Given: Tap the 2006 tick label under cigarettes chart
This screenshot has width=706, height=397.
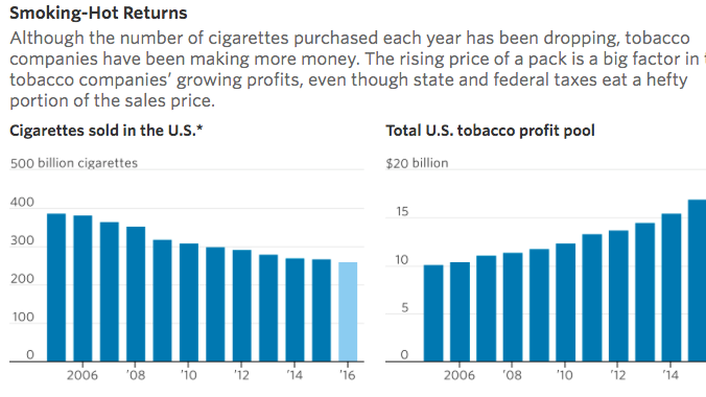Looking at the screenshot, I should point(82,375).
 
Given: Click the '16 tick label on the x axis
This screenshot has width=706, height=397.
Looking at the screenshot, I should point(347,375).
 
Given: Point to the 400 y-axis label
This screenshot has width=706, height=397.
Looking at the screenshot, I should point(22,202).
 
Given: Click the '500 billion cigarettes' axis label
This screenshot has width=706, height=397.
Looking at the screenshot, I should point(74,163).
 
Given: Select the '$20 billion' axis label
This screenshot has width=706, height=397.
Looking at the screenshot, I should point(417,163).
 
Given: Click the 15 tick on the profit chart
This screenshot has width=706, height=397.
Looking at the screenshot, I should point(402,212).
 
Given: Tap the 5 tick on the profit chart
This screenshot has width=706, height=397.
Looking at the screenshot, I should point(404,308).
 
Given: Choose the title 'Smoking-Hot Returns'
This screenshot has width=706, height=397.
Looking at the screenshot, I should point(98,13).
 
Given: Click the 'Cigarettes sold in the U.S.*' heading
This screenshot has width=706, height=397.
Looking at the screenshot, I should point(106,131).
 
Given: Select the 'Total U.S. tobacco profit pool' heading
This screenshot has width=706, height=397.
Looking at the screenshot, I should point(490,131).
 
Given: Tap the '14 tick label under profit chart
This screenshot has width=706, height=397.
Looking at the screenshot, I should point(671,375).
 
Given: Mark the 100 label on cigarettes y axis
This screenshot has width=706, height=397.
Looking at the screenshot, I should point(23,317).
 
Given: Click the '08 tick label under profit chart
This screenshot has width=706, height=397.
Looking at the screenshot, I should point(512,375).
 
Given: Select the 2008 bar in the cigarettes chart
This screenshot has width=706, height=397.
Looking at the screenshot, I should point(136,294).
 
